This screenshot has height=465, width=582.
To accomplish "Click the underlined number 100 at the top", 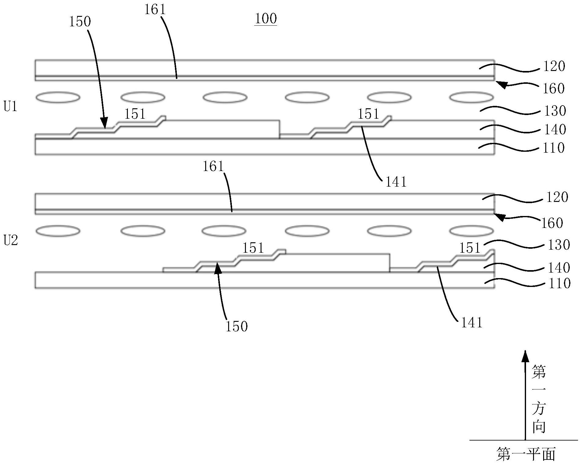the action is point(266,19).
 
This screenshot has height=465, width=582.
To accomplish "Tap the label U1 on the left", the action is point(11,107).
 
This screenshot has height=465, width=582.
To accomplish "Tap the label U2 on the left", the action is point(11,241).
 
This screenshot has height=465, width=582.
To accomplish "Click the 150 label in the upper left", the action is point(80,22).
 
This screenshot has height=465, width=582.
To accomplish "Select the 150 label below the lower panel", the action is point(236,326).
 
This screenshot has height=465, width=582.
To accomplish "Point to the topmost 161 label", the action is point(155,10).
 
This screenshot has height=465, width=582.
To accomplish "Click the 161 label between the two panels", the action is point(213,167).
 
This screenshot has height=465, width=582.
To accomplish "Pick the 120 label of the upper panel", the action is point(554,66).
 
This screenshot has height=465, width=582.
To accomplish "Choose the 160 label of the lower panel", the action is point(552,223).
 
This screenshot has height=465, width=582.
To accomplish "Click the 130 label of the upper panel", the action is point(555,111).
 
